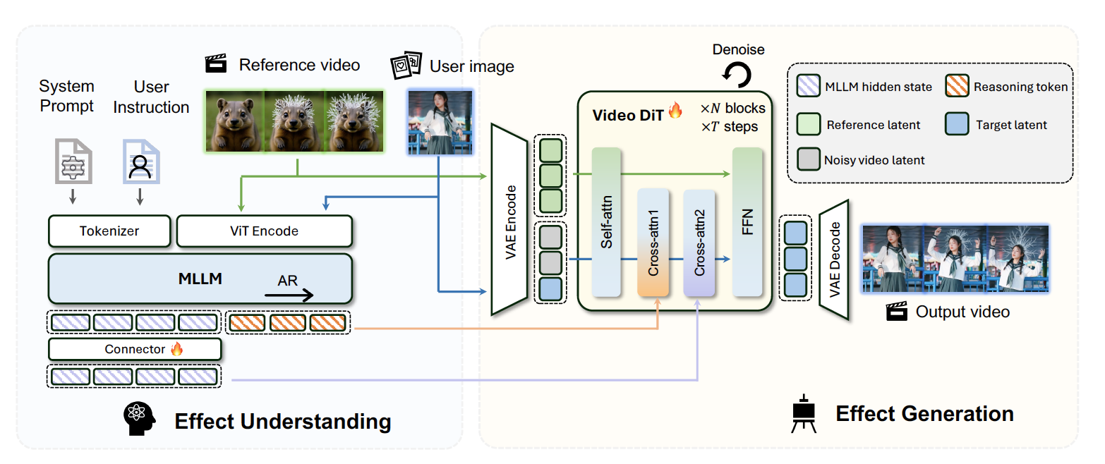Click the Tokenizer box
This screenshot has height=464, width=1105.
click(x=109, y=231)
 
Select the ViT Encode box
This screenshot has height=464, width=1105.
click(x=264, y=231)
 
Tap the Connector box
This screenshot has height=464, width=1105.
click(x=135, y=349)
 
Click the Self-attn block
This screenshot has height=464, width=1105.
click(x=607, y=222)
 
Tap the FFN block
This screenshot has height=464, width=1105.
click(x=747, y=222)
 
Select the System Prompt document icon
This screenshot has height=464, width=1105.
click(x=72, y=161)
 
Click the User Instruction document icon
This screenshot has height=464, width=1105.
click(x=140, y=161)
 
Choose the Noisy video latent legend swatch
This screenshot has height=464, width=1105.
click(x=807, y=160)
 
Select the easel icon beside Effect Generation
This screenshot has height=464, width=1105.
click(x=804, y=413)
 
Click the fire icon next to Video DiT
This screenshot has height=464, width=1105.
click(x=675, y=111)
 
